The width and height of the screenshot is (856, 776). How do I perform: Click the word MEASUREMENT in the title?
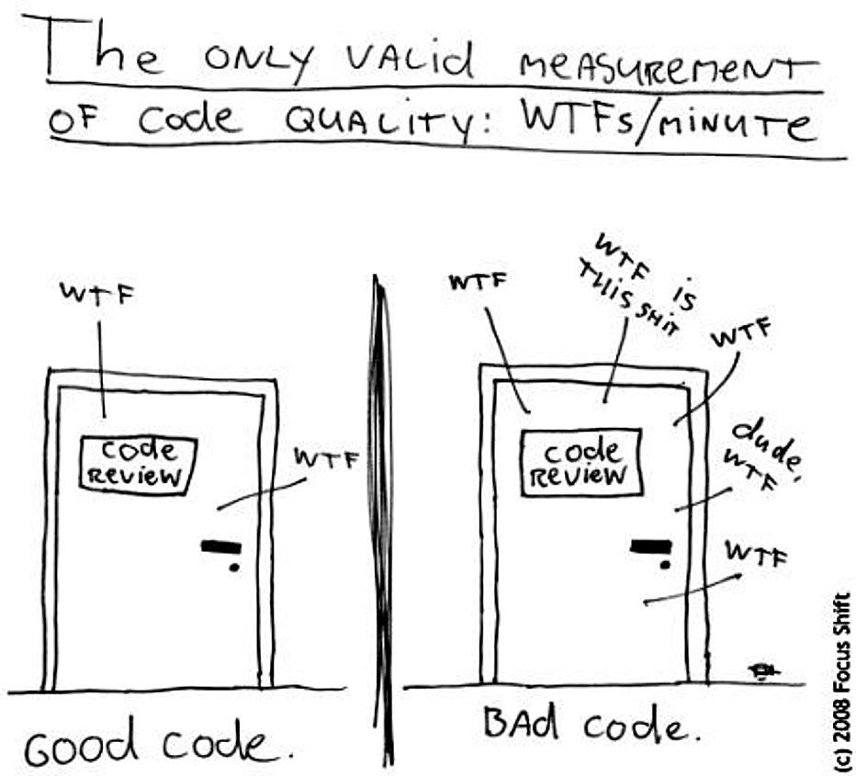click(x=669, y=71)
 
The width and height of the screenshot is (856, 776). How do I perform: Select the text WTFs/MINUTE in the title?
click(x=670, y=123)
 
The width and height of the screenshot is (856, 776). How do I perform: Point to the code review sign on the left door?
click(x=139, y=466)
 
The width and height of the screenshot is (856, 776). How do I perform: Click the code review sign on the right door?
click(x=580, y=462)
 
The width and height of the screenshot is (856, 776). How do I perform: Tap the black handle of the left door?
click(x=221, y=545)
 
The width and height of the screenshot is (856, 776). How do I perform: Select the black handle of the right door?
click(x=651, y=545)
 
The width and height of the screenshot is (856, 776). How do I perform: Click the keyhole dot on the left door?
click(x=235, y=568)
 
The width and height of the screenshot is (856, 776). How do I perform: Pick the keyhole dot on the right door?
click(x=665, y=565)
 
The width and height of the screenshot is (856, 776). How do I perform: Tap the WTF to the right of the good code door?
click(x=326, y=460)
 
